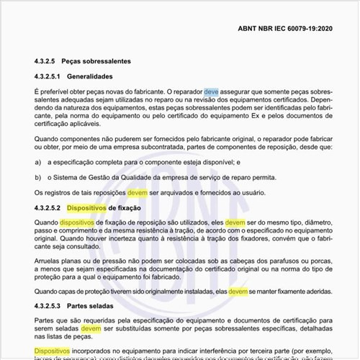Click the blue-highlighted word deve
(x=211, y=92)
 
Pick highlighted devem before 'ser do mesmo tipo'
(x=235, y=223)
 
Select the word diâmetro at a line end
(x=317, y=223)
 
